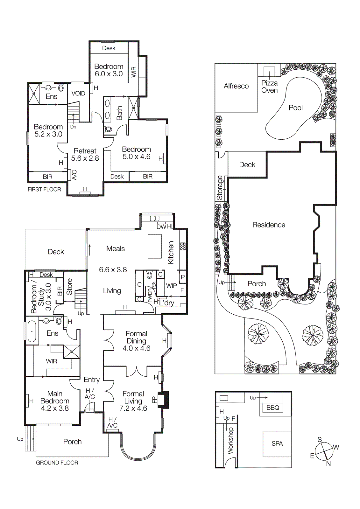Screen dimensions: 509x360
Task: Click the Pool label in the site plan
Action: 295,108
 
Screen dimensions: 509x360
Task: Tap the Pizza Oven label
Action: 269,87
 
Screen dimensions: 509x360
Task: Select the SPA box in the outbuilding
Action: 277,443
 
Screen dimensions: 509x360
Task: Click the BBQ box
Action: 272,408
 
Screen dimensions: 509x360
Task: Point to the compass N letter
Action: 328,464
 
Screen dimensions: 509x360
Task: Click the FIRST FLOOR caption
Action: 44,189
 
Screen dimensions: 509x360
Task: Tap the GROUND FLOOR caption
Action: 57,463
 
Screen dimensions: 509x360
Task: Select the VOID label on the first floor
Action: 78,93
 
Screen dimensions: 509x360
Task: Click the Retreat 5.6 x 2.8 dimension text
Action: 85,158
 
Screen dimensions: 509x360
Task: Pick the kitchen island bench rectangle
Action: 155,246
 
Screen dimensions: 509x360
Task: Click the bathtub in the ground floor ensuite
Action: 32,331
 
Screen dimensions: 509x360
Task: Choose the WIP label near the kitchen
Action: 171,286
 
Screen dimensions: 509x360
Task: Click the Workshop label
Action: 231,440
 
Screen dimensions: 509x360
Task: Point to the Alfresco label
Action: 236,86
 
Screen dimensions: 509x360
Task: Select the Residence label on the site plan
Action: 269,225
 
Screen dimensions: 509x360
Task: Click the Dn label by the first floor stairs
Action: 73,127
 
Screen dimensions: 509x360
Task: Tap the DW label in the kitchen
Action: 161,227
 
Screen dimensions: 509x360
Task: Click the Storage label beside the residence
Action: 220,188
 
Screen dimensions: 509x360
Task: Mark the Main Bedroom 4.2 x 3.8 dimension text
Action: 55,408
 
